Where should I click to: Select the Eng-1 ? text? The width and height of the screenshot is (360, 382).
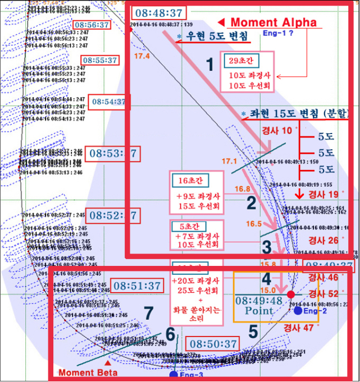pos(279,34)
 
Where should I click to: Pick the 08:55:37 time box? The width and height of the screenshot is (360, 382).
pos(99,60)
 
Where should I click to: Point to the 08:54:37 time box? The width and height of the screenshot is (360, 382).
pos(109,102)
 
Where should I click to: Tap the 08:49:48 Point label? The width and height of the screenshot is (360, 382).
pos(259,305)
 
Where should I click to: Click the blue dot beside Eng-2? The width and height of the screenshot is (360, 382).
pos(297,310)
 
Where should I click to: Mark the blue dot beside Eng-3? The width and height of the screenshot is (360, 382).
pos(174,374)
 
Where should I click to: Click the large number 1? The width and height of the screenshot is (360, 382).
pos(209,66)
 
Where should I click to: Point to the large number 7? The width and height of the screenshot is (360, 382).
pos(148,313)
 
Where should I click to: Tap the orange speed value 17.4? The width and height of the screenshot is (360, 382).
pos(142,56)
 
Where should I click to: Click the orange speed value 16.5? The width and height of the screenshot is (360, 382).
pos(254,223)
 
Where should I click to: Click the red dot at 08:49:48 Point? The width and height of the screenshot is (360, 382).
pos(290,294)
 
